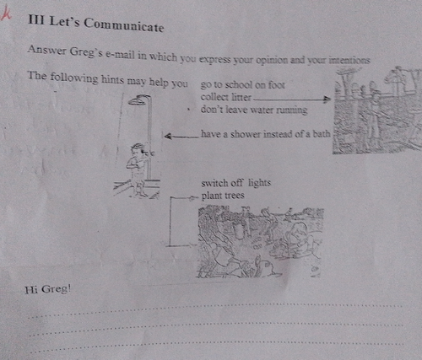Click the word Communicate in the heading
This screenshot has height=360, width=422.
124,25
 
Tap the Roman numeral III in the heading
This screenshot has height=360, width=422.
36,19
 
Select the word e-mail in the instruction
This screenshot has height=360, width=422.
120,54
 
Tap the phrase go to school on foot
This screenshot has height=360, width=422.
243,85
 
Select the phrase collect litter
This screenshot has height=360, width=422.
225,97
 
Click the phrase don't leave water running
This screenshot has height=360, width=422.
254,110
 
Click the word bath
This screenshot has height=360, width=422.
322,134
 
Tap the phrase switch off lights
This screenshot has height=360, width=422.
236,183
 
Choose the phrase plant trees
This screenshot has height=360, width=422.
223,196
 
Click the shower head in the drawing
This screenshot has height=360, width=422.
137,100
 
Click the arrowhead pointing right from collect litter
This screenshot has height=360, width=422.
327,99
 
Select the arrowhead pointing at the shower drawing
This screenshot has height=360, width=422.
168,137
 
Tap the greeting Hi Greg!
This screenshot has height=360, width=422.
48,289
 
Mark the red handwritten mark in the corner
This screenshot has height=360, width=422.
6,13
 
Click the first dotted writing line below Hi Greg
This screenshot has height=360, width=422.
216,309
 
